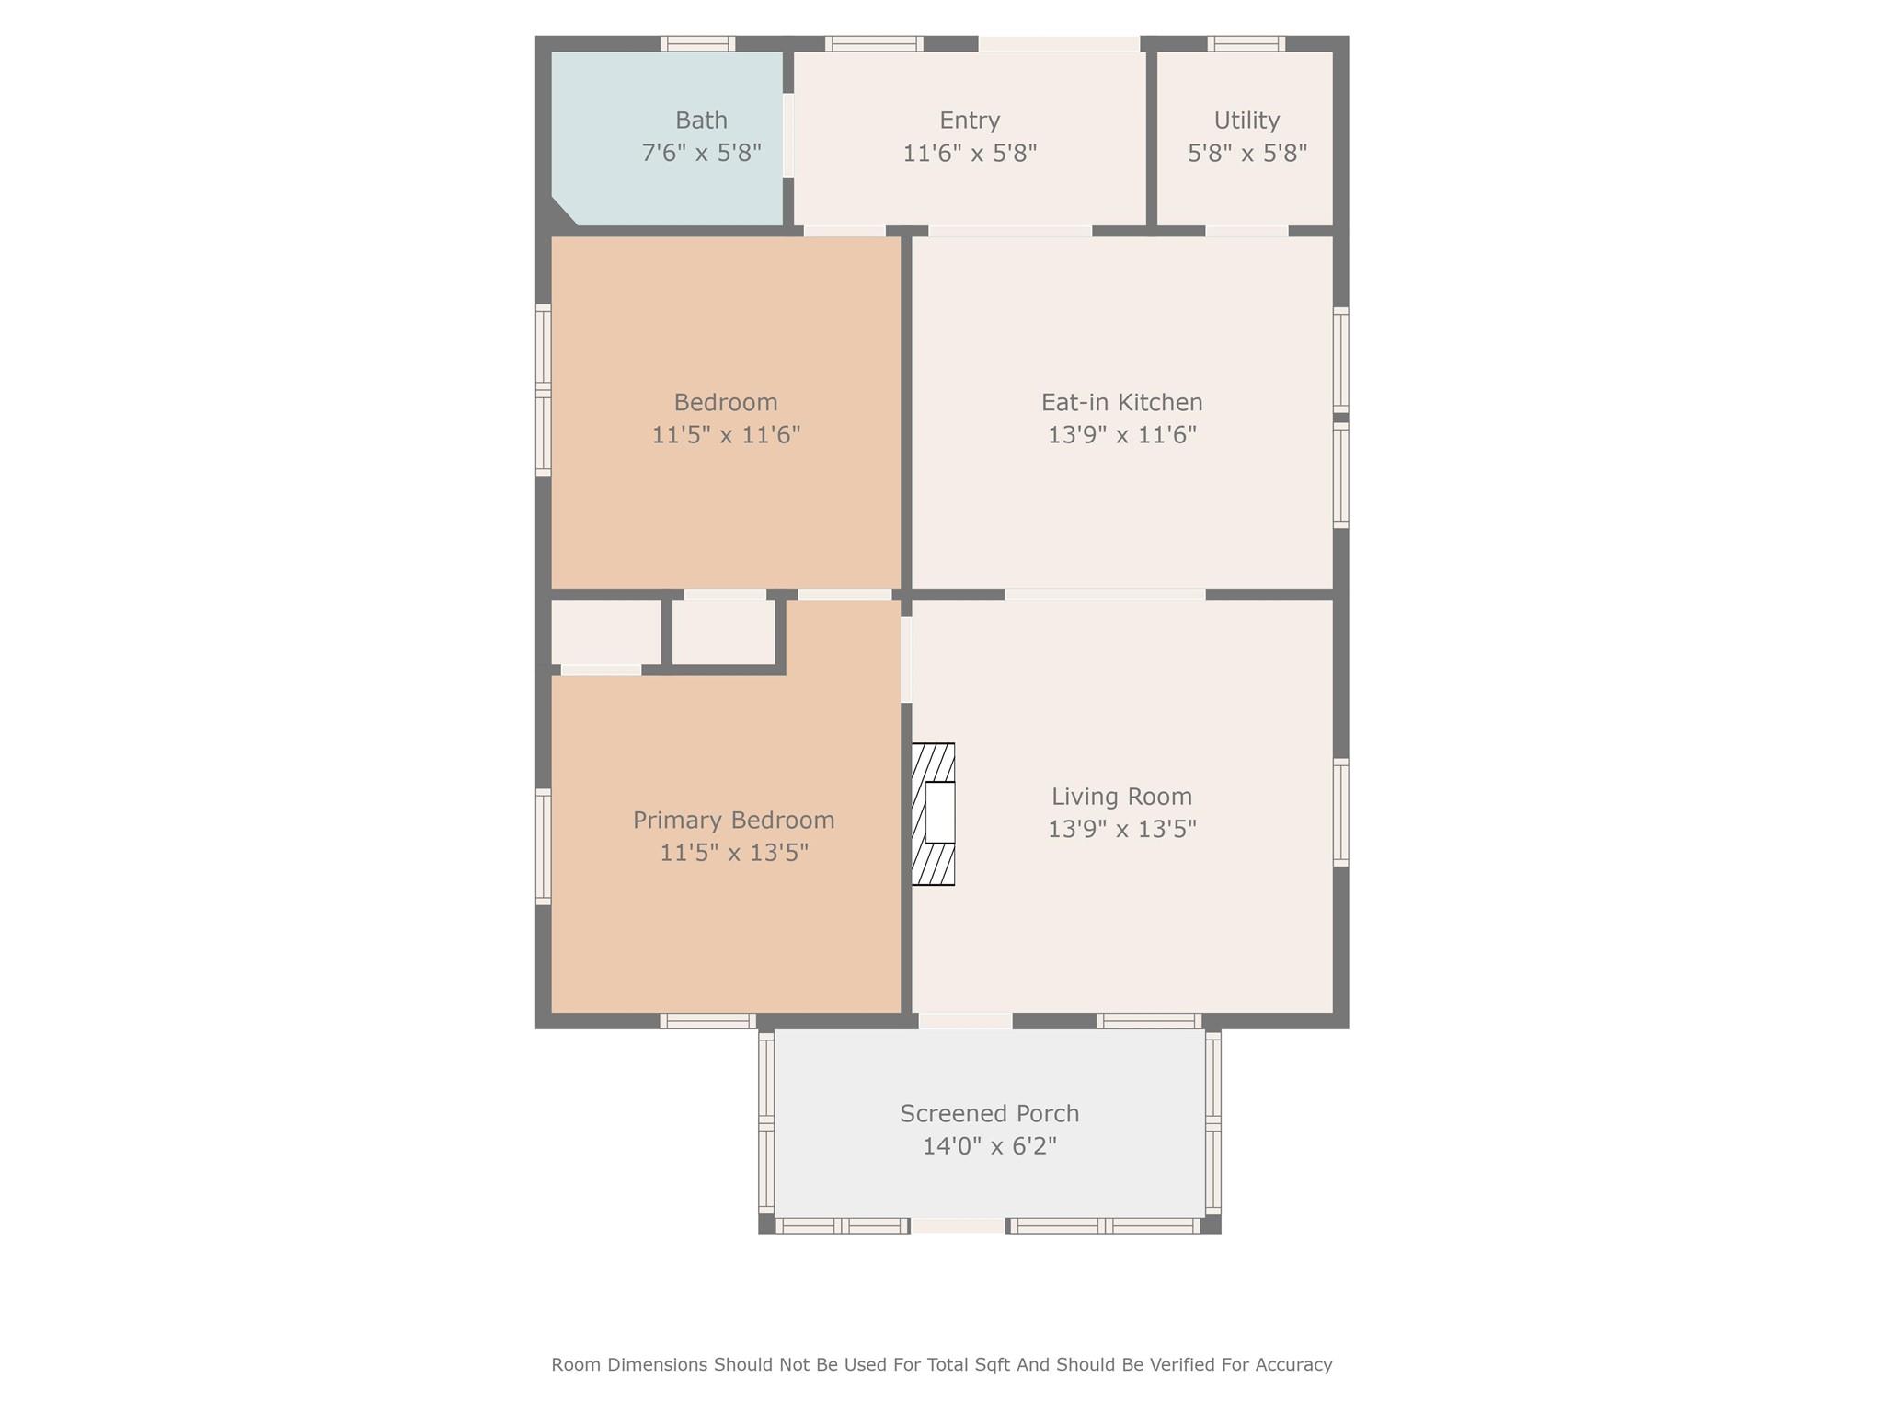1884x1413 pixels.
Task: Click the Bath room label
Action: coord(701,121)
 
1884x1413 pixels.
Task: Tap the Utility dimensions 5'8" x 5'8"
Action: coord(1246,154)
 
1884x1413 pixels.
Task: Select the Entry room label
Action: coord(970,121)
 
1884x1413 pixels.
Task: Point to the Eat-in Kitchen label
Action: coord(1121,402)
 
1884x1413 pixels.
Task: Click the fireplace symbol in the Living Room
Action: coord(934,814)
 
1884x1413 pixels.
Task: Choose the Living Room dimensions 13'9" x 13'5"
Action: coord(1121,830)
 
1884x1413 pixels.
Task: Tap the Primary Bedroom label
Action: coord(733,820)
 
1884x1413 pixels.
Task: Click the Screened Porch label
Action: coord(989,1114)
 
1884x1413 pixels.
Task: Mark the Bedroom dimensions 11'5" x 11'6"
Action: coord(726,435)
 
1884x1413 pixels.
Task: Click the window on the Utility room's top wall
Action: coord(1246,43)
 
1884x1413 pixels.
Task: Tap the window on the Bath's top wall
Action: coord(697,43)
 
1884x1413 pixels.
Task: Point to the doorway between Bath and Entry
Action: coord(788,135)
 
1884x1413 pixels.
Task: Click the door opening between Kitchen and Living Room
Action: coord(1104,594)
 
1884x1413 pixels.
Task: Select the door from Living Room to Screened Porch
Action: coord(965,1020)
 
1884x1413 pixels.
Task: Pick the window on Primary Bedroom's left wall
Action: coord(544,846)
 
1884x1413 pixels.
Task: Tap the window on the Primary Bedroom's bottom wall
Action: coord(707,1020)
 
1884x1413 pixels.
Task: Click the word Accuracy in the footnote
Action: coord(1294,1365)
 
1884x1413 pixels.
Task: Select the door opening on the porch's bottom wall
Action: coord(958,1225)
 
